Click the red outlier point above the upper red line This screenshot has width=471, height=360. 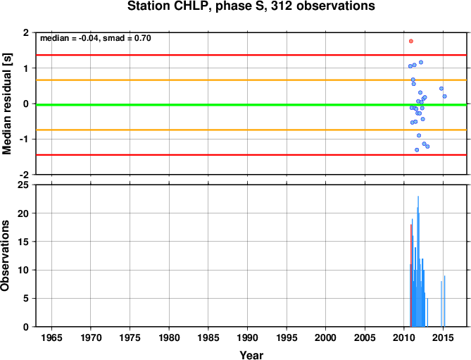point(411,41)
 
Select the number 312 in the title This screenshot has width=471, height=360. point(282,6)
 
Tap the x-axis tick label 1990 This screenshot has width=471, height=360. point(247,337)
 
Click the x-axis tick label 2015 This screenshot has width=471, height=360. point(443,337)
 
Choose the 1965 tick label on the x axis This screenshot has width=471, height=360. point(51,337)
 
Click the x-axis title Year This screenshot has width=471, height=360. point(251,355)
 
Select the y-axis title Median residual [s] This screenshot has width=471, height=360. point(6,104)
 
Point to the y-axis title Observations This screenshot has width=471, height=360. point(5,256)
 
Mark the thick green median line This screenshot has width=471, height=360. point(251,104)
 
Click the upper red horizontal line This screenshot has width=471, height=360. point(251,55)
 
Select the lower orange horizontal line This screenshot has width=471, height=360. point(251,130)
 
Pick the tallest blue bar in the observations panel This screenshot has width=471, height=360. point(418,261)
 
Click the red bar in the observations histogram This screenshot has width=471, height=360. point(411,275)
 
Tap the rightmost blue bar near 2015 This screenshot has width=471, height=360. point(444,301)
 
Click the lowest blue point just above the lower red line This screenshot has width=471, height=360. point(417,149)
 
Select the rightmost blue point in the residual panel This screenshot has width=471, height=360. point(444,96)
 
